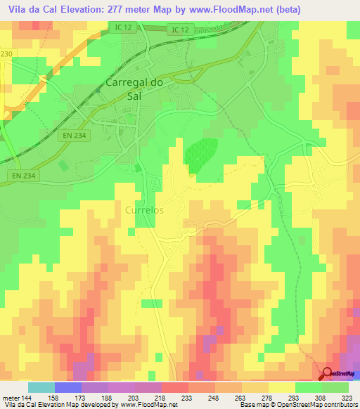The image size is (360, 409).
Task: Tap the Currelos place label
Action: tap(143, 209)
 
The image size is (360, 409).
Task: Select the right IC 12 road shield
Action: tap(179, 29)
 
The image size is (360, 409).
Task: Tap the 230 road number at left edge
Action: tap(6, 53)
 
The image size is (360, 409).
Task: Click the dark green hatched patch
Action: tap(201, 153)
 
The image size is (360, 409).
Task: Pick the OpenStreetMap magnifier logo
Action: tap(327, 375)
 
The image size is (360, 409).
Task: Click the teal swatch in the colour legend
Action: tap(41, 387)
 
